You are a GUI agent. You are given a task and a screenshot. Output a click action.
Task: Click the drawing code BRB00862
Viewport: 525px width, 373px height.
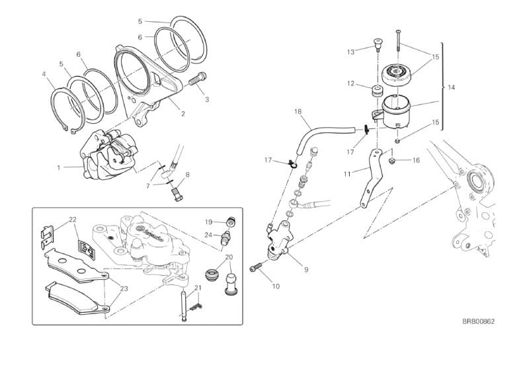[x=479, y=321]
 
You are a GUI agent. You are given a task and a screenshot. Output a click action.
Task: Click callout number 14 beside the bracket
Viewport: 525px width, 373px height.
[x=451, y=87]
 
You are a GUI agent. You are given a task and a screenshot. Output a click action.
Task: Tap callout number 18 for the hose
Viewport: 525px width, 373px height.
[x=298, y=112]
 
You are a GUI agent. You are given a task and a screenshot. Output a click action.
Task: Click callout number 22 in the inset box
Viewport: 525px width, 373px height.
[x=73, y=220]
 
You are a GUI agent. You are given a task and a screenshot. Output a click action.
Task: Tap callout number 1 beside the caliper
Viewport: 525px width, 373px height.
[x=58, y=167]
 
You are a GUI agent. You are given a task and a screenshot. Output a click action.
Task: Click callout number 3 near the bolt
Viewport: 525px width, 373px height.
[x=206, y=100]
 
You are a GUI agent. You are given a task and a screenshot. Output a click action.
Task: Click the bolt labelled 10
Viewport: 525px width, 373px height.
[x=256, y=268]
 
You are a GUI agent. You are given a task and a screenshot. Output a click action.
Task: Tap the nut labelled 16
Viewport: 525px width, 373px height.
[x=394, y=160]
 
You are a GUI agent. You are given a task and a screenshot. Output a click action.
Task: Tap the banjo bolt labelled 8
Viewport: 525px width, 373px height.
[x=177, y=193]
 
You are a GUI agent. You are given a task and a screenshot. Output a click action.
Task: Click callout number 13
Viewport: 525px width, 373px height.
[x=351, y=51]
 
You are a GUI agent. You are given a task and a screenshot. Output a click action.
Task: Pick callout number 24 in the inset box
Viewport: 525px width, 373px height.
[x=208, y=235]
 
